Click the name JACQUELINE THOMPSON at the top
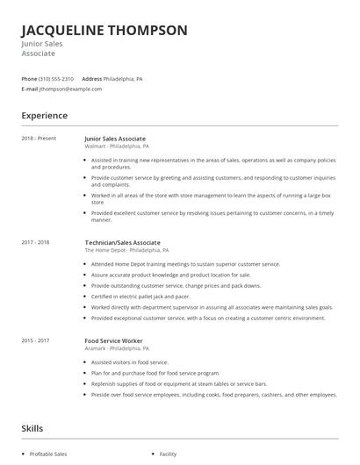[x=104, y=30]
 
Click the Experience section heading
[x=44, y=116]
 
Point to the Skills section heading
[x=33, y=428]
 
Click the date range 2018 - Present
[x=38, y=139]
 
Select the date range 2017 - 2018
[x=35, y=242]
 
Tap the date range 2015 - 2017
[x=35, y=340]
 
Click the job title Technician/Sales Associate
[x=123, y=242]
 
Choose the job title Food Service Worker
[x=113, y=340]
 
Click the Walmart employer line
[x=117, y=147]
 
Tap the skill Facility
[x=168, y=454]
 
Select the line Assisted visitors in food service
[x=131, y=361]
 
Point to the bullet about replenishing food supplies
[x=167, y=383]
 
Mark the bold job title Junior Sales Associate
[x=115, y=139]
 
